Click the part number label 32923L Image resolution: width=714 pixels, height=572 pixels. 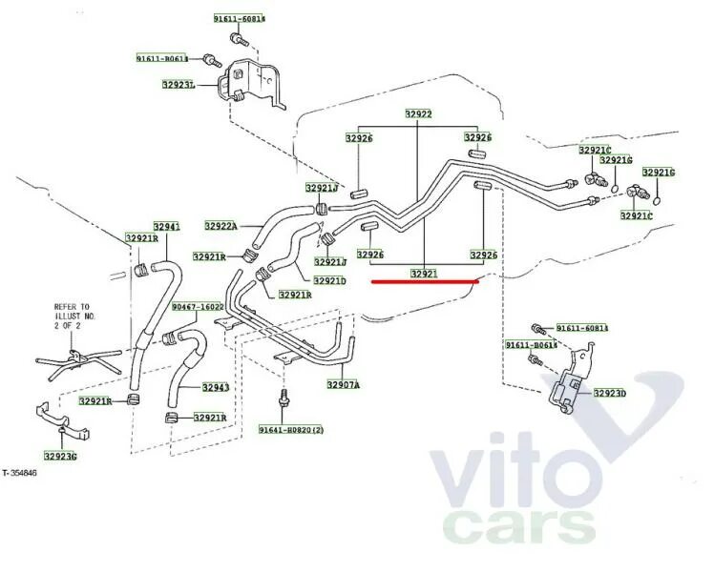178,85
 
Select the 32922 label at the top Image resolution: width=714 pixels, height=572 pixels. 417,114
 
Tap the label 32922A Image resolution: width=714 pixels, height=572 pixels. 220,226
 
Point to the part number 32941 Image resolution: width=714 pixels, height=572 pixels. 166,226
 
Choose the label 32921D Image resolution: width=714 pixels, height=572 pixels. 329,280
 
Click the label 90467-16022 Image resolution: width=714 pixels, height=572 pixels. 198,307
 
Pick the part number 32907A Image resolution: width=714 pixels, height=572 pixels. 343,384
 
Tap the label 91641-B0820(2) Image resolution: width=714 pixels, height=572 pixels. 291,430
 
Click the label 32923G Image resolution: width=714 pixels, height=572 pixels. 60,456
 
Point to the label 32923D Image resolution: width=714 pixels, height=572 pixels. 609,392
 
